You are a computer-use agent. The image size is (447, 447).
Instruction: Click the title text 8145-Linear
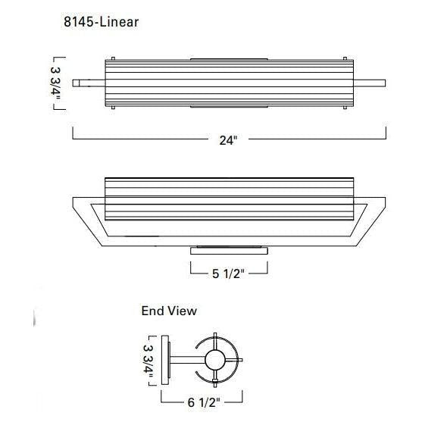point(102,22)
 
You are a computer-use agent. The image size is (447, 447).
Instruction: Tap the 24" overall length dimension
point(228,140)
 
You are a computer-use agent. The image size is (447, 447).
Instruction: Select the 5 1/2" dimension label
point(228,274)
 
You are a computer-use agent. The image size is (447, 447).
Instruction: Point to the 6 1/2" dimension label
point(204,402)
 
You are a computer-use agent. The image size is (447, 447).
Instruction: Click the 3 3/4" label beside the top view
point(55,83)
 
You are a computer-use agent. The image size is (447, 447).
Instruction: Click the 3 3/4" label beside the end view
point(148,361)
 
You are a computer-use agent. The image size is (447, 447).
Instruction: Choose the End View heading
point(169,311)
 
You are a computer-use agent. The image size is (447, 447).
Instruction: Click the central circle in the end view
point(215,360)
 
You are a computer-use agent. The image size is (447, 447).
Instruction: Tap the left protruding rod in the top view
point(89,83)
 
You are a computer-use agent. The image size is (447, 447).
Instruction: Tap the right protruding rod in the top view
point(370,83)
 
